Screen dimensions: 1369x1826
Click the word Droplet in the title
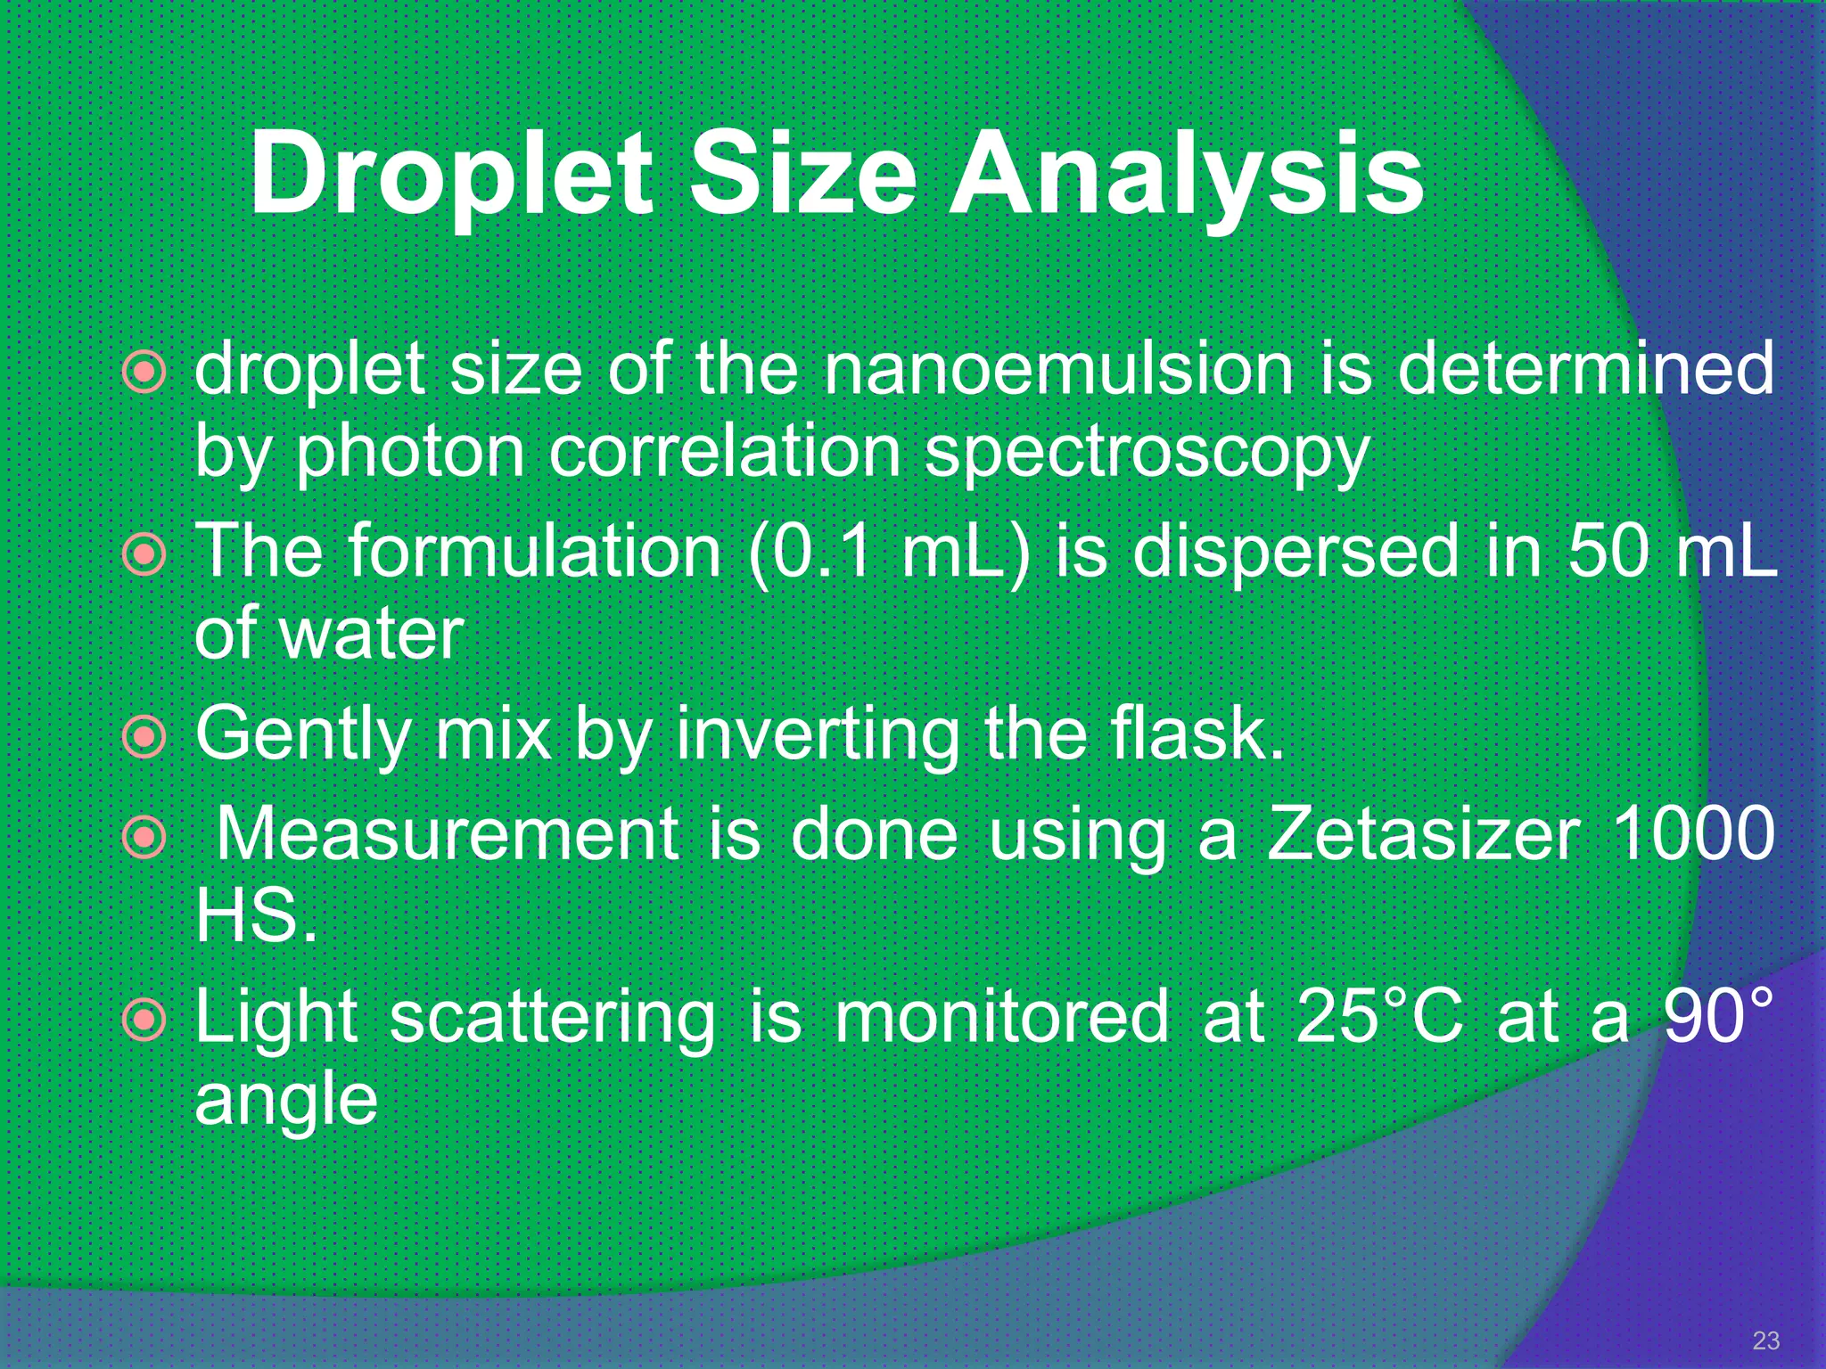click(452, 174)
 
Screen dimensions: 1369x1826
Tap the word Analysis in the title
click(1186, 174)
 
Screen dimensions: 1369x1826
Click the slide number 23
click(1765, 1340)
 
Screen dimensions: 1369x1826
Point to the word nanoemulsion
click(1057, 370)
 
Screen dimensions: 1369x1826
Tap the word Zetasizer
click(1424, 833)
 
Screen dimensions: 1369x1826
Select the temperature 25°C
click(1379, 1016)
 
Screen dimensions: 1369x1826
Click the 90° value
click(1718, 1016)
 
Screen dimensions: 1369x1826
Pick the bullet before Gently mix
click(144, 737)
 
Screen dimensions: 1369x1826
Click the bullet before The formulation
click(144, 555)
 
